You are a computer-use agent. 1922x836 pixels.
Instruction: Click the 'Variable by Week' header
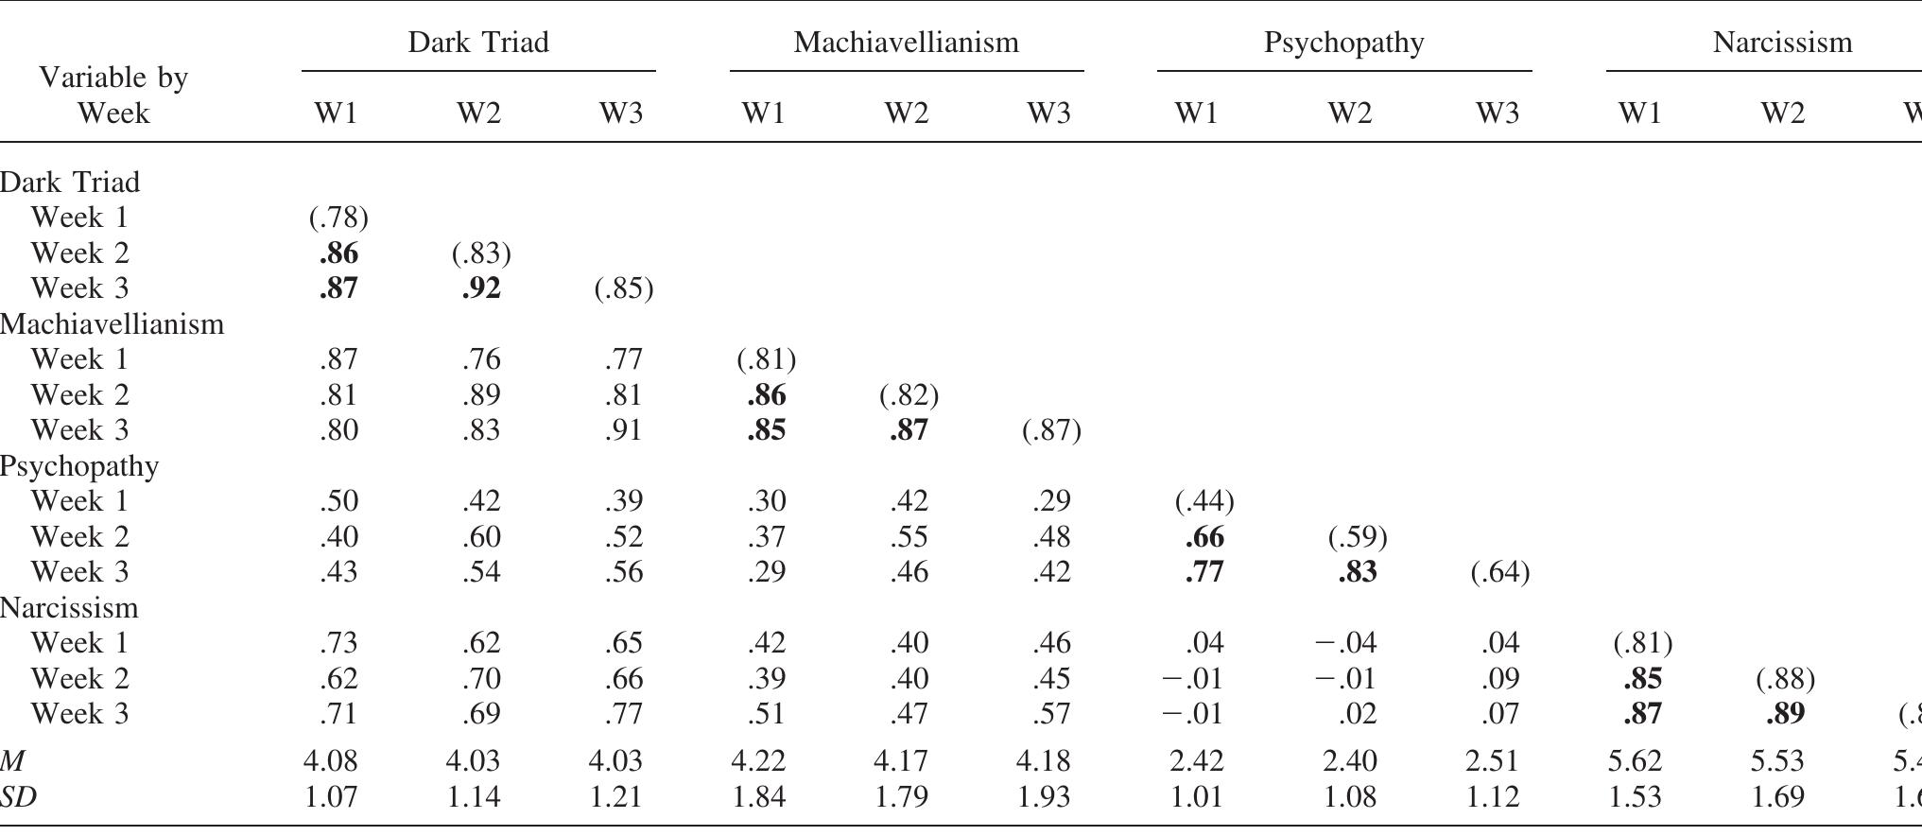coord(113,95)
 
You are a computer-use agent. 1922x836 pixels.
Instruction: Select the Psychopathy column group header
coord(1343,43)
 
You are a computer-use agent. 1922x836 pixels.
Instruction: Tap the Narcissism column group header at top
coord(1781,43)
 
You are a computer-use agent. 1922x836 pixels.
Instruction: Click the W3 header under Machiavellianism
coord(1048,113)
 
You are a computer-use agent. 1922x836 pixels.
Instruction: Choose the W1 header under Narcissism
coord(1639,113)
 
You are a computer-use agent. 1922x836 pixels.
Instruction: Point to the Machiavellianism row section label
coord(113,324)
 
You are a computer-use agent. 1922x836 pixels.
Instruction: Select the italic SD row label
coord(19,797)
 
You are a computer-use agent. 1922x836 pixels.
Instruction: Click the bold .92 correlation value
coord(481,288)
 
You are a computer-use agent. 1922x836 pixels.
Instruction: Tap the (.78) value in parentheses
coord(338,218)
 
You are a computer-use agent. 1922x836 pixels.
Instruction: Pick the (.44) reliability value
coord(1203,501)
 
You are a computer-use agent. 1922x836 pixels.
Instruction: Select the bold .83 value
coord(1358,572)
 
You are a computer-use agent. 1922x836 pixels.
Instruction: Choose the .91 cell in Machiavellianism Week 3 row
coord(623,430)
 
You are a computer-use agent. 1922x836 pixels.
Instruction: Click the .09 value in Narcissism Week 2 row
coord(1500,679)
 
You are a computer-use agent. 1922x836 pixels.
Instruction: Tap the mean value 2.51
coord(1494,760)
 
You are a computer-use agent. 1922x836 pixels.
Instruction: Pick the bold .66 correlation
coord(1204,537)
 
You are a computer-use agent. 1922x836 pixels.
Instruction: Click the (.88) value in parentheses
coord(1785,679)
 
